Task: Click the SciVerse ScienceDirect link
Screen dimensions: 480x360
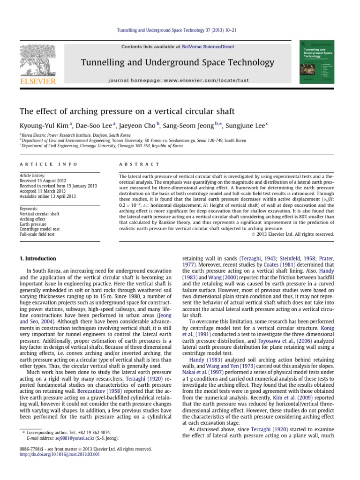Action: coord(207,47)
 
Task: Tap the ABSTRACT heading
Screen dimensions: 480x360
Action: coord(140,164)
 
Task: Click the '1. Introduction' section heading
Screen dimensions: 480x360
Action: coord(37,258)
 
